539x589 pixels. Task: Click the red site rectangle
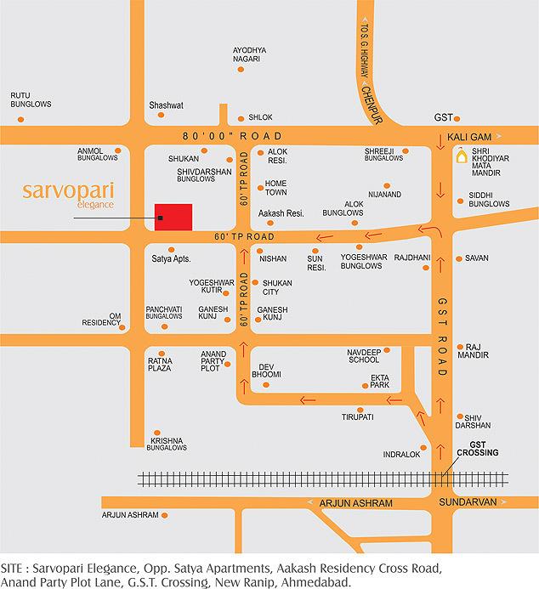coord(173,217)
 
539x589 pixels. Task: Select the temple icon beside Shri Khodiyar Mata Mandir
coord(461,156)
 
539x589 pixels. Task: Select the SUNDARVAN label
coord(467,502)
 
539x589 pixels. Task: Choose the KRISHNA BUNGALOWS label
coord(167,444)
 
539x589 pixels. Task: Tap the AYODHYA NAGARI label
coord(249,54)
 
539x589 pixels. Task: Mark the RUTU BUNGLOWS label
coord(31,99)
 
